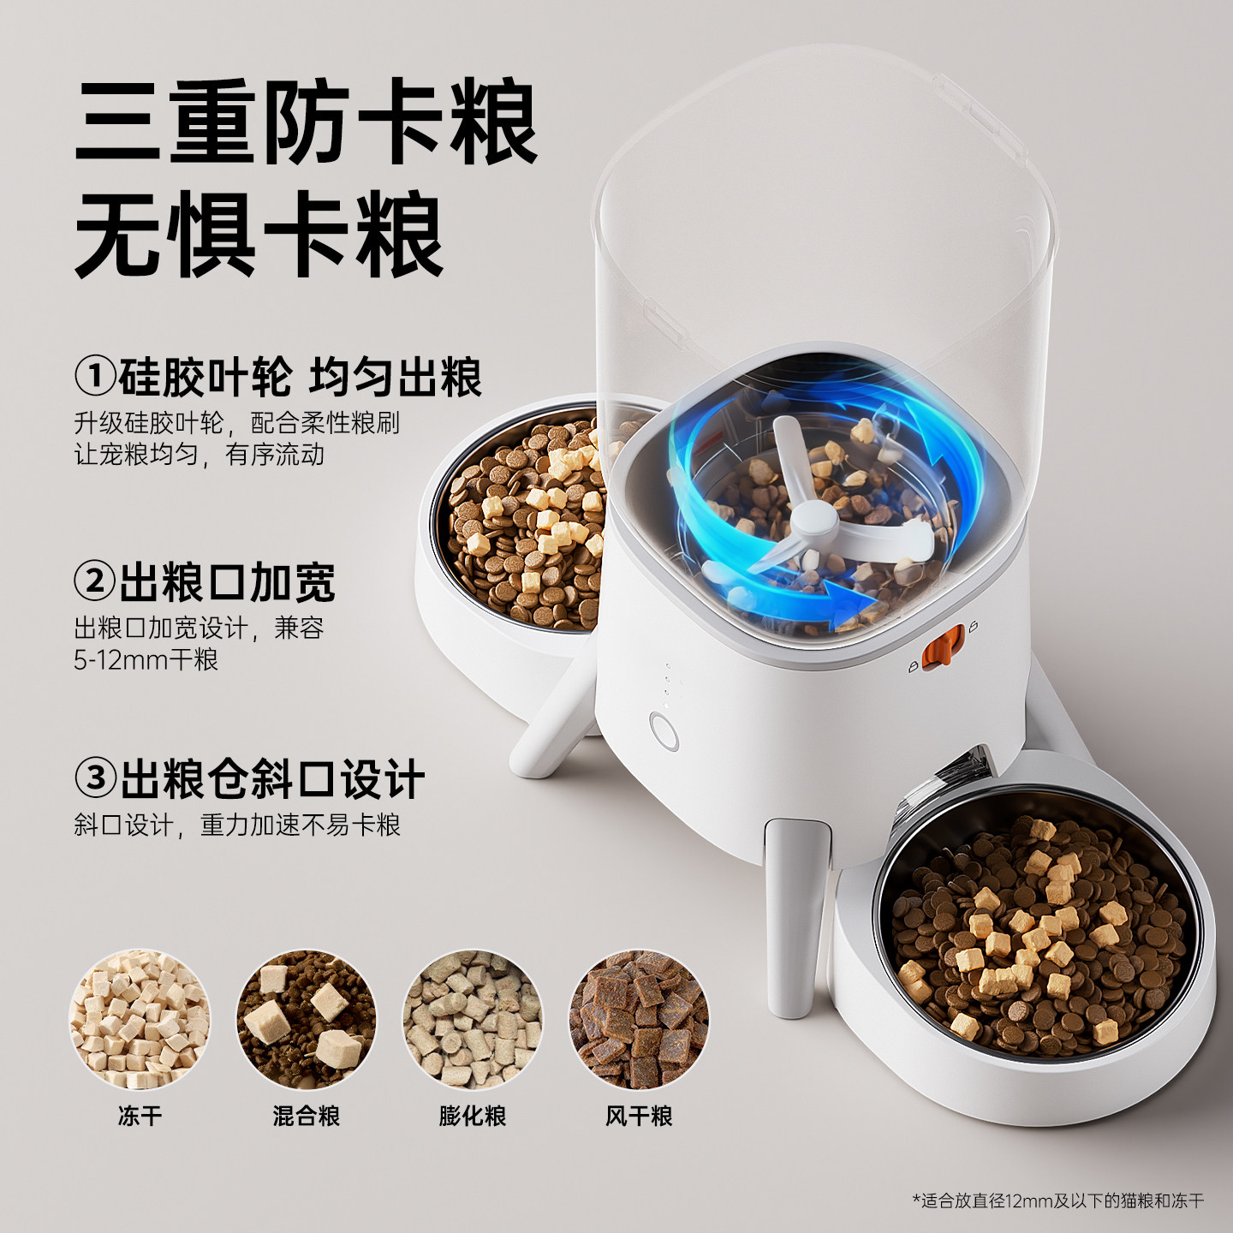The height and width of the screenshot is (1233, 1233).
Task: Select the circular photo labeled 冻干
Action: [x=139, y=1018]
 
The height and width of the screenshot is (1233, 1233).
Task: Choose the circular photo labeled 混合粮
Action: [x=306, y=1018]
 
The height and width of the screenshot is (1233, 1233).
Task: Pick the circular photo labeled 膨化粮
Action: [x=473, y=1018]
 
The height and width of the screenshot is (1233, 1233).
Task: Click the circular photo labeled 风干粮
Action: [x=639, y=1018]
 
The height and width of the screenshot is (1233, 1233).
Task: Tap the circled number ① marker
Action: [x=94, y=377]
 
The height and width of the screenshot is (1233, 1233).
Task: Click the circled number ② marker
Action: [x=94, y=582]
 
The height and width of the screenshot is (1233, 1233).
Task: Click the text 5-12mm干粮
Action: [x=146, y=660]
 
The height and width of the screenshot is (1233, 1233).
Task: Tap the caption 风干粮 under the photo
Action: [x=639, y=1116]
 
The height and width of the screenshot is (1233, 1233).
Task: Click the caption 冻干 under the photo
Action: [x=139, y=1116]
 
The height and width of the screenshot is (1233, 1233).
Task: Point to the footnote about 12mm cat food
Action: [x=1058, y=1200]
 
